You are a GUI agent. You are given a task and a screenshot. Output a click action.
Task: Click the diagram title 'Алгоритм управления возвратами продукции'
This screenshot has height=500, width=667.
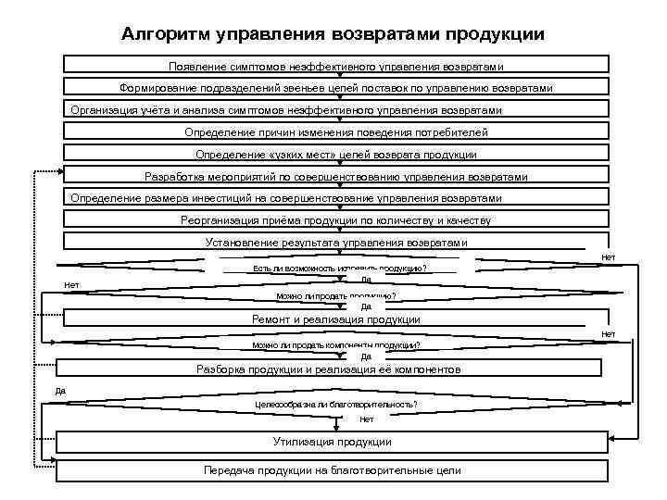333,35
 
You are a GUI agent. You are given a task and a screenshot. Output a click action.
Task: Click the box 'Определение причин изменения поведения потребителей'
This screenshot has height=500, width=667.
336,131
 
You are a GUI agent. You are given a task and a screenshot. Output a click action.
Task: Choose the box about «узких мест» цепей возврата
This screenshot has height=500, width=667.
336,154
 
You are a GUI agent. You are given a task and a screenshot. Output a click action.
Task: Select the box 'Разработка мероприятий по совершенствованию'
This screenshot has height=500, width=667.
336,176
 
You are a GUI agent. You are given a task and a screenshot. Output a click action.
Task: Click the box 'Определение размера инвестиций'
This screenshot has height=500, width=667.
336,198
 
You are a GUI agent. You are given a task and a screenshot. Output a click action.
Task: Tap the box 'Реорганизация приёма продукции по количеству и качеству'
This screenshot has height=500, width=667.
336,220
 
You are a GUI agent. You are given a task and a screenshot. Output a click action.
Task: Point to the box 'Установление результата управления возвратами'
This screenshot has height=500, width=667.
336,243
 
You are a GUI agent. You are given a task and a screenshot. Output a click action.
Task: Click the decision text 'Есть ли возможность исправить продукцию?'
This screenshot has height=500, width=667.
333,269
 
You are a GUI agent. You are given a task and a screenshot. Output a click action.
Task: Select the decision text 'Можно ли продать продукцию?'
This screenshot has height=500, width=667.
336,296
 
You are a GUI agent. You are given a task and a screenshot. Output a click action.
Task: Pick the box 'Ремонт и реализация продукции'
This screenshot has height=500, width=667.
336,319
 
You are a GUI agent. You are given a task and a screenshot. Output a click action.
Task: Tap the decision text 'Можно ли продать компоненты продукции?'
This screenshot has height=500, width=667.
336,345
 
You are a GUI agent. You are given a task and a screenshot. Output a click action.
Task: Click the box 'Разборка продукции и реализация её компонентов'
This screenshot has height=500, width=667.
329,369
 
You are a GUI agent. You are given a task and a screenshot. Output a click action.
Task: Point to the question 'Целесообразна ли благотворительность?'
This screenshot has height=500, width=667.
336,405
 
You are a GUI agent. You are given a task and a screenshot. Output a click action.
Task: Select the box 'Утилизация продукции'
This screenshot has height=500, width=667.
332,442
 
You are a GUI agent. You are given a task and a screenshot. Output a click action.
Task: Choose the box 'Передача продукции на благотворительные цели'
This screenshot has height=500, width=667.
332,470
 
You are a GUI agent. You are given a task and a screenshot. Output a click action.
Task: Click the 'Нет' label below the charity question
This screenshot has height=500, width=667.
366,419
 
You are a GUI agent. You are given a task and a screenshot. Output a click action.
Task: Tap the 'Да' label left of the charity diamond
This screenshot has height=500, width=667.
61,391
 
